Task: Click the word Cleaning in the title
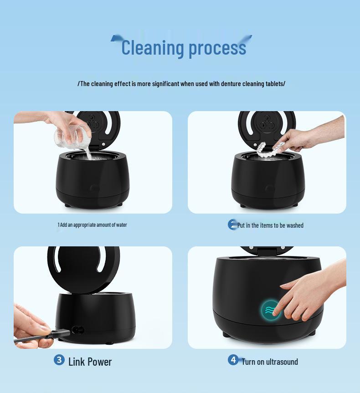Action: pyautogui.click(x=152, y=48)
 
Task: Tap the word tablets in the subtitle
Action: pyautogui.click(x=274, y=84)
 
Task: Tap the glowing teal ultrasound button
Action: pyautogui.click(x=270, y=311)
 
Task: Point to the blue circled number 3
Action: pyautogui.click(x=59, y=360)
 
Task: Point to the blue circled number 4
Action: pyautogui.click(x=233, y=360)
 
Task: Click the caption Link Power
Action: pyautogui.click(x=90, y=362)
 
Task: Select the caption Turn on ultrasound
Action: pyautogui.click(x=269, y=362)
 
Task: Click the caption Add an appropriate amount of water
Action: pyautogui.click(x=93, y=225)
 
